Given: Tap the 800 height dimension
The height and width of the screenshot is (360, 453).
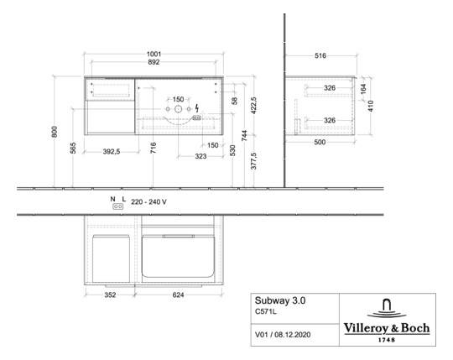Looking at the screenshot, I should pos(55,131).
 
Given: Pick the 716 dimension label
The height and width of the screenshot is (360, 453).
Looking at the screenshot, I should pos(153,148).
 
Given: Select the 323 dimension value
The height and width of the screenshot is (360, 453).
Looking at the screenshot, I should pos(201,157).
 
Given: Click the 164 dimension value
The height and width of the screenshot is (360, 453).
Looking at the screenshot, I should pos(362,87).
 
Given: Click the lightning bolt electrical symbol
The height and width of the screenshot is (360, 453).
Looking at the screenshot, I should pos(196,108).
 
